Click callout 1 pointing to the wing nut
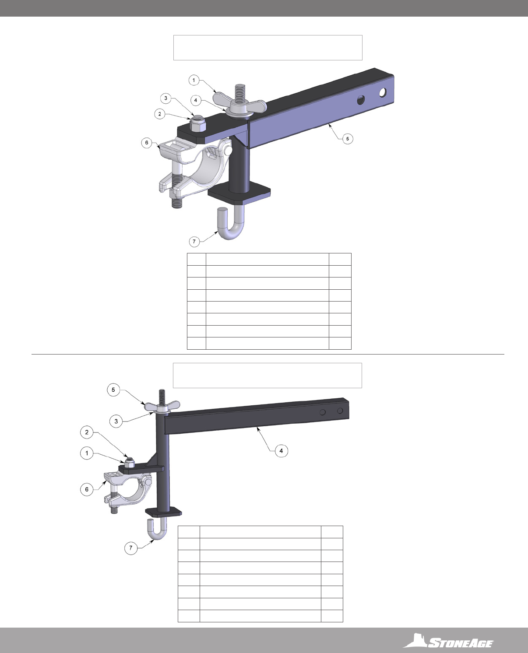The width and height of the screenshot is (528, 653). click(x=194, y=81)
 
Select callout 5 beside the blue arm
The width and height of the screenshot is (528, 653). click(x=347, y=139)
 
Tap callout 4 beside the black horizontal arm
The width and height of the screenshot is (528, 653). click(x=281, y=451)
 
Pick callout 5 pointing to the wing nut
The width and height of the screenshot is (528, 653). click(x=113, y=390)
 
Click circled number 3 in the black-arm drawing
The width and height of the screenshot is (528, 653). click(x=116, y=421)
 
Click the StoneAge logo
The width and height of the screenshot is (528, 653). click(x=448, y=641)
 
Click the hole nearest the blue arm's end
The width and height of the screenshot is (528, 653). click(x=383, y=92)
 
